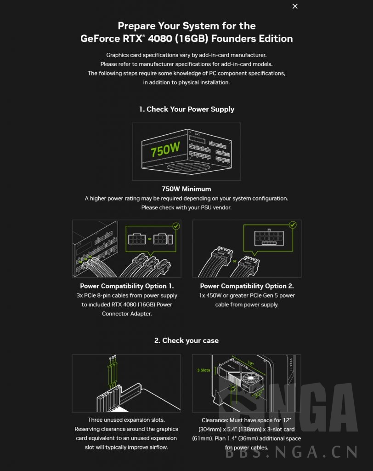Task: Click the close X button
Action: (295, 6)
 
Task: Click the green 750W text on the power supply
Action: (165, 149)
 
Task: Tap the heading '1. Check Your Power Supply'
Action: (186, 109)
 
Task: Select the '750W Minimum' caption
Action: (186, 189)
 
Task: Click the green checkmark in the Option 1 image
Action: (175, 226)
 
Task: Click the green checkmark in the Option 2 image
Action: (293, 225)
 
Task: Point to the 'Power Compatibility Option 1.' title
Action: (127, 286)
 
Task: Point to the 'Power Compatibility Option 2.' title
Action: (247, 286)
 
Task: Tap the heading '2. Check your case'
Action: (186, 341)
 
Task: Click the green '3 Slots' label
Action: (203, 370)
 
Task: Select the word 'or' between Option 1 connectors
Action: (149, 239)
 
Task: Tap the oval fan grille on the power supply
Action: (186, 167)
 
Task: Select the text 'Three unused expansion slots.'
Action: (126, 420)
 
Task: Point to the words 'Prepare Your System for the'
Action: (186, 26)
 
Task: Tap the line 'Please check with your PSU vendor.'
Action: (186, 207)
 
